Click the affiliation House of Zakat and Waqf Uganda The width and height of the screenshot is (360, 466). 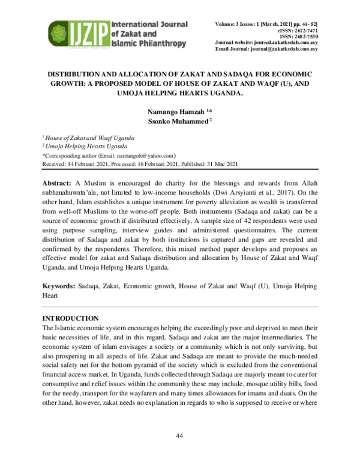tap(90, 138)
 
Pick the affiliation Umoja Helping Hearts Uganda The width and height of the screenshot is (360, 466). tap(87, 146)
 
